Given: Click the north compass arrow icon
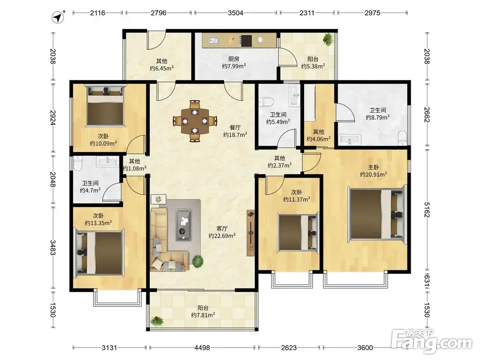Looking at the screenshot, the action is click(x=58, y=17).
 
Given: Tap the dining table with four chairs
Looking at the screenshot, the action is click(x=195, y=121).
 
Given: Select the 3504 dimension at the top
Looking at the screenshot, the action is click(x=235, y=13).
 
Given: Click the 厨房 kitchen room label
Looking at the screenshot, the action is click(x=234, y=59).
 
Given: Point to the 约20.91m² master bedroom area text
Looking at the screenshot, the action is click(x=373, y=175).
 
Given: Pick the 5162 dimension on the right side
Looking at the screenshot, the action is click(x=427, y=209).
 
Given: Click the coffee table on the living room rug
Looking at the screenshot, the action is click(x=184, y=225).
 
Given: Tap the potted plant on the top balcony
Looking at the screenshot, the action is click(x=328, y=39).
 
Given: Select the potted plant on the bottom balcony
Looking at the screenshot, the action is click(x=157, y=322).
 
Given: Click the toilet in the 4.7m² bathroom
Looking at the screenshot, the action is click(x=78, y=163).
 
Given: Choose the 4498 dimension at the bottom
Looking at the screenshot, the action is click(x=202, y=348).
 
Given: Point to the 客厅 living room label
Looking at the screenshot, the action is click(x=222, y=228).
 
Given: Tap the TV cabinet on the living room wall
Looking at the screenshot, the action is click(x=251, y=233).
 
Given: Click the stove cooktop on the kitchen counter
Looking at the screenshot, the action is click(x=246, y=40).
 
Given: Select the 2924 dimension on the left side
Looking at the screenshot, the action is click(x=53, y=117).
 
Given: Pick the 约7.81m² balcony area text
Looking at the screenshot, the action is click(x=203, y=315).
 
